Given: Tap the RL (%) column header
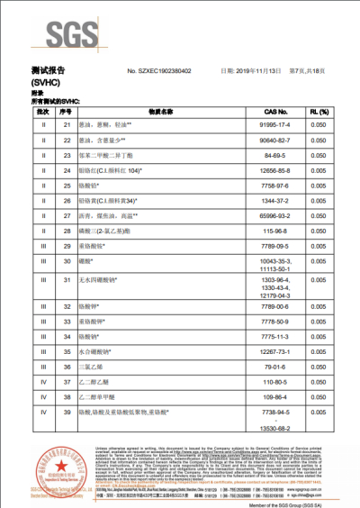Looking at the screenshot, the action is click(318, 111).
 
